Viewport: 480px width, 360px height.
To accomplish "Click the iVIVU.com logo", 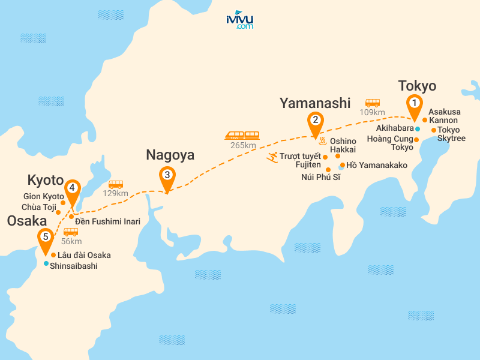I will (x=239, y=20).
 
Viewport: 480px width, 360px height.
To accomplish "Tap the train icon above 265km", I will (x=242, y=136).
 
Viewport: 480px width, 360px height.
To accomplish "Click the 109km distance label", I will (x=372, y=112).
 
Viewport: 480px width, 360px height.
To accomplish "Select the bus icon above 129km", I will (x=116, y=184).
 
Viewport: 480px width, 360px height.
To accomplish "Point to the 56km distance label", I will (x=71, y=241).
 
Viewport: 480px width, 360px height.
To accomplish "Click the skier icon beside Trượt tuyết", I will (x=272, y=157).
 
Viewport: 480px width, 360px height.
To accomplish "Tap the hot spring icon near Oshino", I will (x=322, y=142).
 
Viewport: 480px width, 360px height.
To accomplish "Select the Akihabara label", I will (x=395, y=128).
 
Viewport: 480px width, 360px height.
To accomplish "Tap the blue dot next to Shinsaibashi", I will (x=46, y=263).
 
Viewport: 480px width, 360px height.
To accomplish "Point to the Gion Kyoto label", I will (x=44, y=196).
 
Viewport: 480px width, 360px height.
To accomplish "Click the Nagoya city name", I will (x=170, y=155).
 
